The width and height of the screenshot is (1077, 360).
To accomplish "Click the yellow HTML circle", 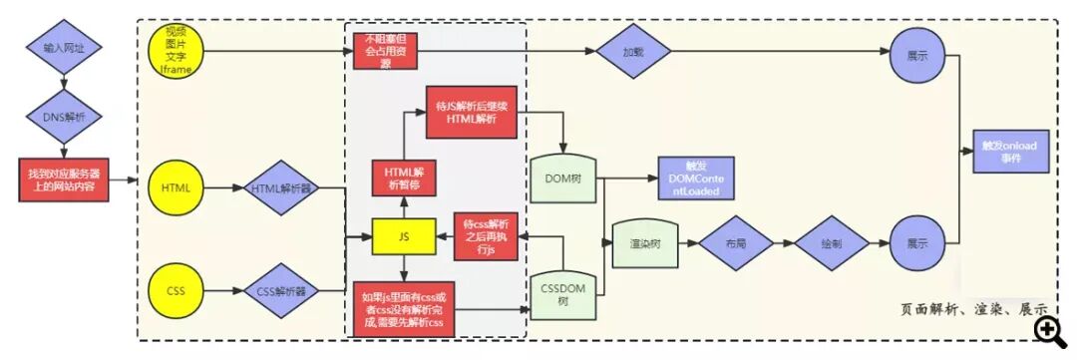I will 176,186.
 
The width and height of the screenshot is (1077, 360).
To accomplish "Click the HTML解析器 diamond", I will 279,187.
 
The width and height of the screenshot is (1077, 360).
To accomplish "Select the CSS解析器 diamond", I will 279,293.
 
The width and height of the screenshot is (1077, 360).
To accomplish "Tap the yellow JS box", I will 403,236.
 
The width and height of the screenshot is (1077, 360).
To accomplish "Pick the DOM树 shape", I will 564,179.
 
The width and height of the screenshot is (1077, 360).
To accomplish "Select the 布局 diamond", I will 736,241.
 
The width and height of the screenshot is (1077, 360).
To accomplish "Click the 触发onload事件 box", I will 1009,152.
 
